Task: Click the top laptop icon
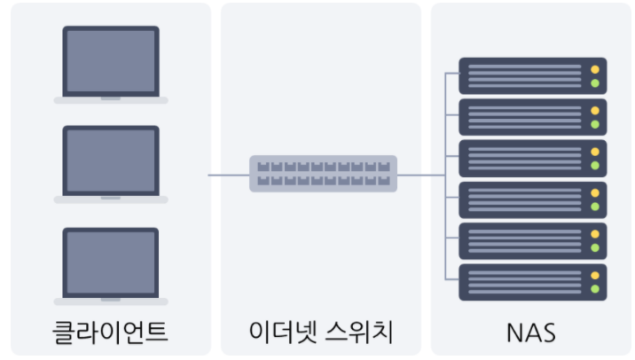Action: tap(111, 64)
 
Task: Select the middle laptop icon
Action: tap(111, 164)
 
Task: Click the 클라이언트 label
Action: tap(110, 333)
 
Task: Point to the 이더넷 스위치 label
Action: tap(321, 333)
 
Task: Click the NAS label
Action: tap(531, 333)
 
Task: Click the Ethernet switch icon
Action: tap(324, 174)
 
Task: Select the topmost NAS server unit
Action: tap(532, 75)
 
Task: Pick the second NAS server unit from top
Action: tap(532, 117)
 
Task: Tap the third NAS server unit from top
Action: tap(532, 158)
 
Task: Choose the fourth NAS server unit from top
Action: tap(532, 200)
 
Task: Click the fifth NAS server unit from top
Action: tap(532, 240)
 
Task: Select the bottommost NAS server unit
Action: tap(532, 282)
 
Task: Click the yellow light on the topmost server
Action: tap(595, 69)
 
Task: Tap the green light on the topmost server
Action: tap(595, 83)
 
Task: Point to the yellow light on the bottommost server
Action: tap(595, 276)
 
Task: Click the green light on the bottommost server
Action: tap(595, 289)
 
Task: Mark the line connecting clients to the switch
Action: tap(229, 175)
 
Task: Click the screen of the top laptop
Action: tap(111, 60)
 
